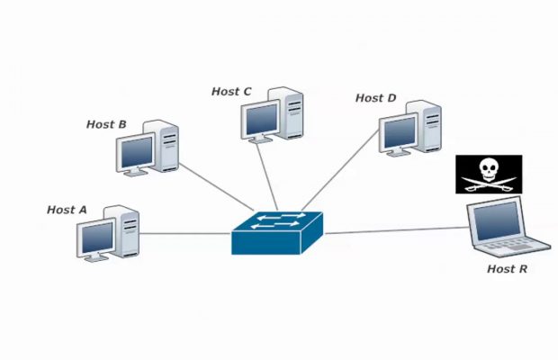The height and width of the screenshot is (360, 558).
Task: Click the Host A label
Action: [x=67, y=210]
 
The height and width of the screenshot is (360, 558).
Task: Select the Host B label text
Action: [x=106, y=124]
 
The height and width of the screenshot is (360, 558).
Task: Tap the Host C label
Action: [x=231, y=92]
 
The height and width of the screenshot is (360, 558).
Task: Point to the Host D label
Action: [x=375, y=98]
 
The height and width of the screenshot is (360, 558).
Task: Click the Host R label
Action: [x=507, y=269]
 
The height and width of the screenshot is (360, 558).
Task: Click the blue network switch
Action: [x=276, y=233]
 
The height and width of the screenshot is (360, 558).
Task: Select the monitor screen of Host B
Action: [x=136, y=154]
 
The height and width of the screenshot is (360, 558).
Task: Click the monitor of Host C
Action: [x=262, y=119]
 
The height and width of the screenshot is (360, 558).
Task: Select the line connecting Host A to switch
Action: [x=184, y=235]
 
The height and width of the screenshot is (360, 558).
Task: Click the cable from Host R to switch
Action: [x=396, y=230]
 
